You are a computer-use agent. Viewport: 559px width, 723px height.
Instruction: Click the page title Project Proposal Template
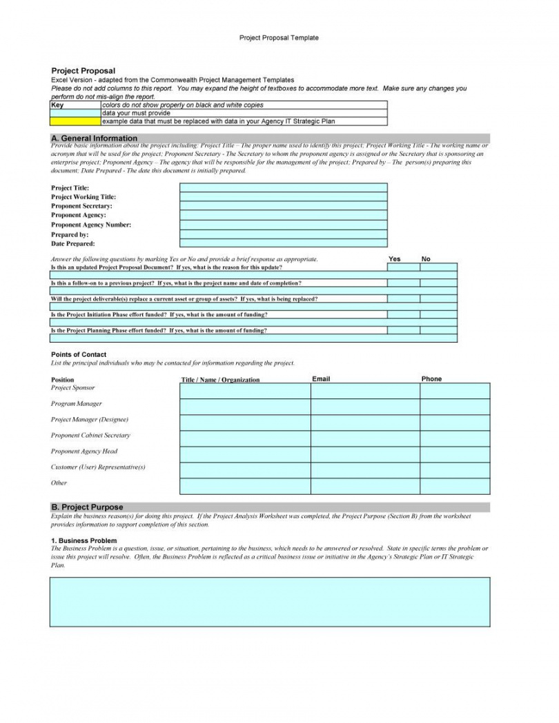[x=279, y=38]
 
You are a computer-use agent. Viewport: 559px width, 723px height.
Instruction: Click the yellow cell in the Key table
[x=76, y=121]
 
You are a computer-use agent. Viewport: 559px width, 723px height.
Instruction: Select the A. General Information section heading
[x=95, y=139]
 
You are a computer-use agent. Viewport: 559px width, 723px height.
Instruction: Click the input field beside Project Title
[x=283, y=187]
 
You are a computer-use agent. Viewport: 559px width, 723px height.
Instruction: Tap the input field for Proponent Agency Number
[x=283, y=225]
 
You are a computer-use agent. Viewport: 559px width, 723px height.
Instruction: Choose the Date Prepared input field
[x=283, y=243]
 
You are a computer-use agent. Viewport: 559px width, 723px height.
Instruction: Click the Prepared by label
[x=70, y=234]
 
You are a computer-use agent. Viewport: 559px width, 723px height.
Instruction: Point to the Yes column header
[x=395, y=259]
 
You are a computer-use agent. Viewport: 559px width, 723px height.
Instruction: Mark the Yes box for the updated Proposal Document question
[x=403, y=267]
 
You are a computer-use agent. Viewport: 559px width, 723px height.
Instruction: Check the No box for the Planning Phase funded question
[x=438, y=330]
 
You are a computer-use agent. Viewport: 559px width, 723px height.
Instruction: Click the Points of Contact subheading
[x=79, y=354]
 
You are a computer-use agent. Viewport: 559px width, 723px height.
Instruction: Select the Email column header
[x=322, y=379]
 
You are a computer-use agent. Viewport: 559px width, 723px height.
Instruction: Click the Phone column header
[x=431, y=379]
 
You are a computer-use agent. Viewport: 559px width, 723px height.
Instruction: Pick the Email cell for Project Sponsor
[x=365, y=391]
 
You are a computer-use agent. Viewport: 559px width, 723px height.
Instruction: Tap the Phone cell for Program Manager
[x=455, y=407]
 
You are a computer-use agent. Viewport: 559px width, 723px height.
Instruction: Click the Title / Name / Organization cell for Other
[x=245, y=486]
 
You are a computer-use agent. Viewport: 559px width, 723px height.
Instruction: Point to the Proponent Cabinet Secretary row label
[x=90, y=436]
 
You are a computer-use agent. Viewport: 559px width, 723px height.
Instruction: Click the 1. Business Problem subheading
[x=84, y=540]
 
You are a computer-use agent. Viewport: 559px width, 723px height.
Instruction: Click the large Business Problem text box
[x=270, y=602]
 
